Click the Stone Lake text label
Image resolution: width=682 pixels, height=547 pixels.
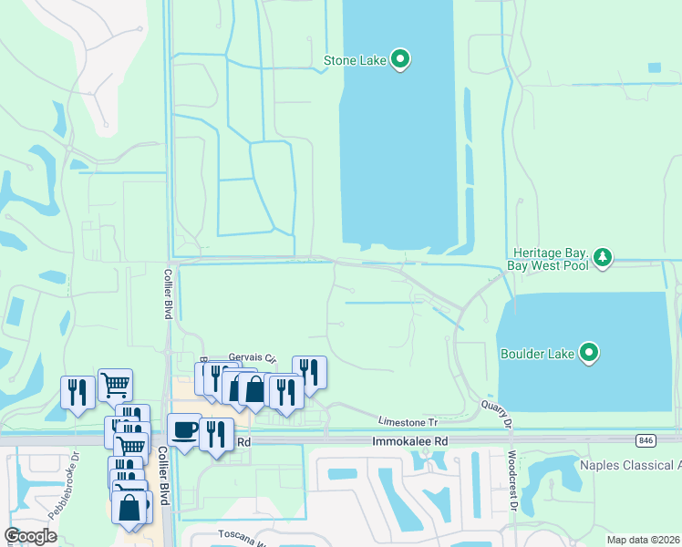click(x=355, y=62)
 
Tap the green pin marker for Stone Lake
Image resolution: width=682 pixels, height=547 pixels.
click(x=400, y=60)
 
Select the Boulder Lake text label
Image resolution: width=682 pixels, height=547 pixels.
click(x=538, y=353)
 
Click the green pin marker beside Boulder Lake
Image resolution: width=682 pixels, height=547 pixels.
click(x=590, y=352)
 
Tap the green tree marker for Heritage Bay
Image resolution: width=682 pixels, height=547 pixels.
click(x=603, y=257)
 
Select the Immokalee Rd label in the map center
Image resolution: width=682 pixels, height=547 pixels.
click(x=410, y=441)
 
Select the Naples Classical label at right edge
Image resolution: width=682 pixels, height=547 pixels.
click(x=630, y=465)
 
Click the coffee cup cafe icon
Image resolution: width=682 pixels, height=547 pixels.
click(x=184, y=429)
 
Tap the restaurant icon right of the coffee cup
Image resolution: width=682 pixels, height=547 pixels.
click(x=216, y=433)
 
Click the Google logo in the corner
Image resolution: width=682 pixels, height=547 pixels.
click(x=31, y=536)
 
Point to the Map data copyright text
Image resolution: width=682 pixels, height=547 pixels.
click(x=643, y=540)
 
